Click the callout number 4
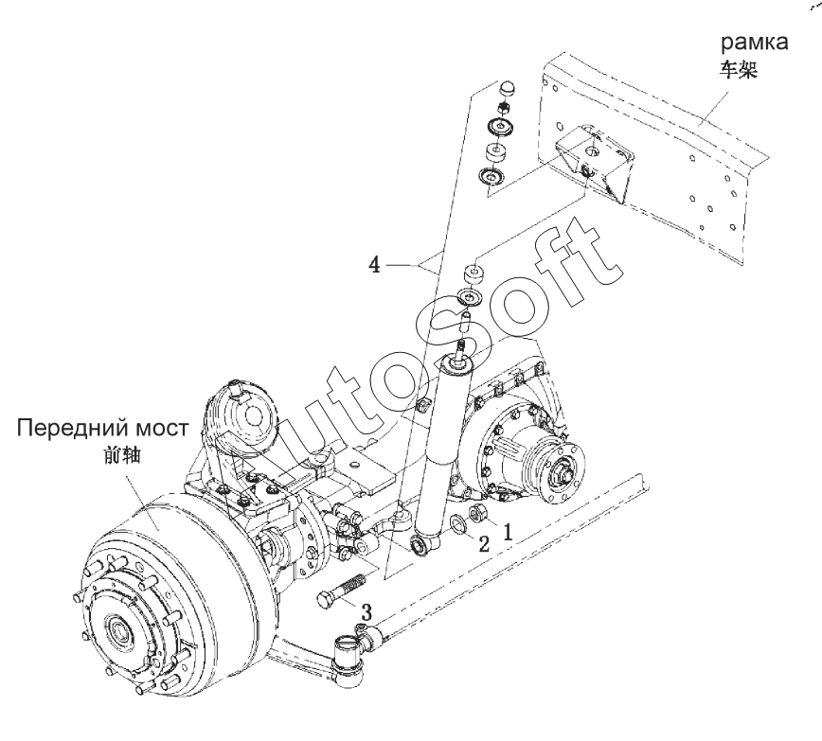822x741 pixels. click(x=374, y=265)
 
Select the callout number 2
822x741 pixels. click(x=484, y=544)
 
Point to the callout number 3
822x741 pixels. click(x=366, y=611)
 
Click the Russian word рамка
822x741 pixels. click(x=755, y=42)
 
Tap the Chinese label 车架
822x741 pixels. click(x=738, y=69)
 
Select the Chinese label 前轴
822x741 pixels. click(x=123, y=455)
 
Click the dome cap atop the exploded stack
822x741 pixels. click(x=507, y=88)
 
